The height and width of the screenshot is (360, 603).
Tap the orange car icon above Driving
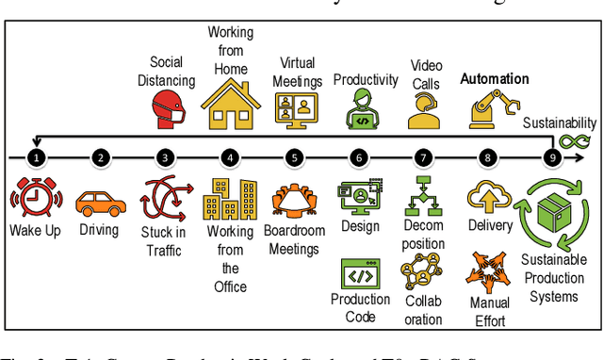(x=99, y=203)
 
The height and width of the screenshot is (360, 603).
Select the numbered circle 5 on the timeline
(x=295, y=158)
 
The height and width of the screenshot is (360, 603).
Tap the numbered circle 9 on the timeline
(x=553, y=158)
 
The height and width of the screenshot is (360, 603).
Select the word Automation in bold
(x=494, y=79)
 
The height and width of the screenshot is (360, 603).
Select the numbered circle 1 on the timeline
(x=36, y=158)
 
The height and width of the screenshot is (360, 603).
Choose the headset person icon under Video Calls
(x=424, y=110)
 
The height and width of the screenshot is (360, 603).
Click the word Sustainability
(x=560, y=123)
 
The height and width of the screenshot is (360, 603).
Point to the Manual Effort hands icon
(x=489, y=273)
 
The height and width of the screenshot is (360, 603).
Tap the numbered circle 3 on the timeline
(x=166, y=158)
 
